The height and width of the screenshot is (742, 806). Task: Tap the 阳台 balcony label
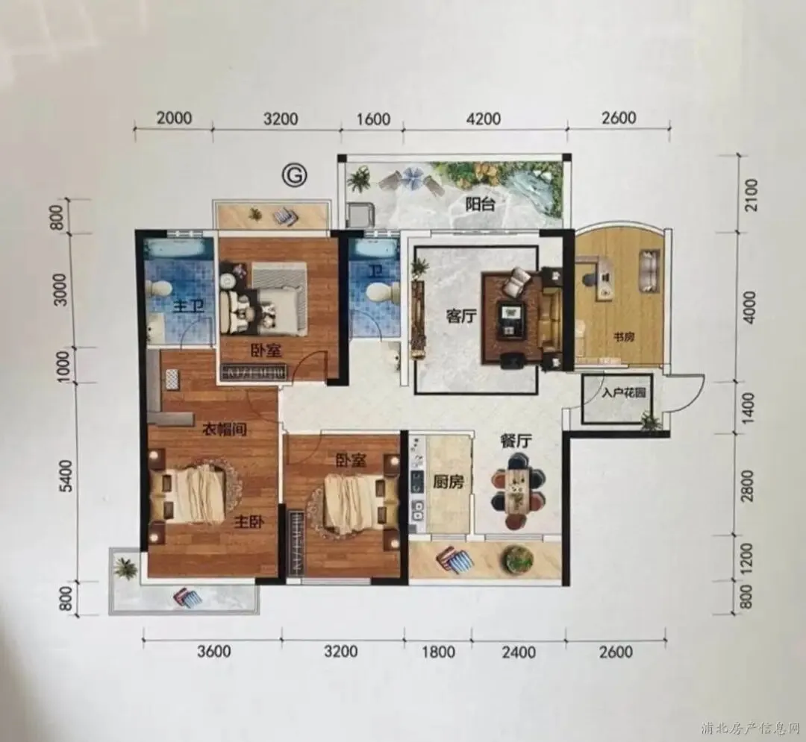tap(480, 204)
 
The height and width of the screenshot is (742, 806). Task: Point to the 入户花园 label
tap(623, 394)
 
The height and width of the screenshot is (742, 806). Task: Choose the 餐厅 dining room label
tap(516, 441)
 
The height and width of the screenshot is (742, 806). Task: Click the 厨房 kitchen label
tap(449, 481)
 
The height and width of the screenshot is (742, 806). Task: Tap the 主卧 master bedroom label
tap(249, 522)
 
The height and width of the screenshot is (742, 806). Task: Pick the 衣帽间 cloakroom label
tap(224, 428)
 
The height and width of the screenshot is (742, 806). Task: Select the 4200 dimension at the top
tap(484, 119)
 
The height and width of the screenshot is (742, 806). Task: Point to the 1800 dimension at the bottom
tap(438, 652)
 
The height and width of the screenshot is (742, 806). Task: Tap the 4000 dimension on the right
tap(750, 307)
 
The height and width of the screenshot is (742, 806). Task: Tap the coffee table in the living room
tap(511, 319)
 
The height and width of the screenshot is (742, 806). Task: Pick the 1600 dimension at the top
tap(373, 119)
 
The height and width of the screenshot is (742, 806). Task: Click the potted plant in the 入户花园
tap(649, 420)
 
